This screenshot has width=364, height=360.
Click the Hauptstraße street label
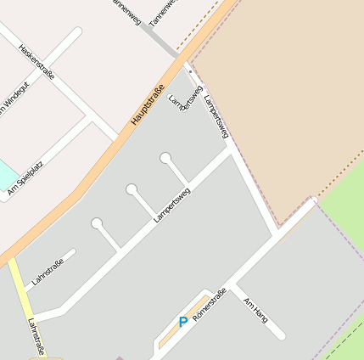coord(147,103)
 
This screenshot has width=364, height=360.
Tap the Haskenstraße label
coord(37,62)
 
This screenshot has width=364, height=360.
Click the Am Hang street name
coord(255,310)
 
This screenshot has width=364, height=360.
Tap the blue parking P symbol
coord(182,323)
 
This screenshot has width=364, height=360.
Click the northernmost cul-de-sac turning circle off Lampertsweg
coord(165,158)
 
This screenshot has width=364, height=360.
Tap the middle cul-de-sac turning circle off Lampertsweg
coord(132,189)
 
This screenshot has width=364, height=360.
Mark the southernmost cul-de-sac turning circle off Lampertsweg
coord(97,223)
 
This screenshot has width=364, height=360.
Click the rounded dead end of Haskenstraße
coord(78,32)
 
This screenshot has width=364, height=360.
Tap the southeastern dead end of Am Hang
coord(281,335)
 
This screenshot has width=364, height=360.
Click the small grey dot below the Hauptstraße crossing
coord(190,73)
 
